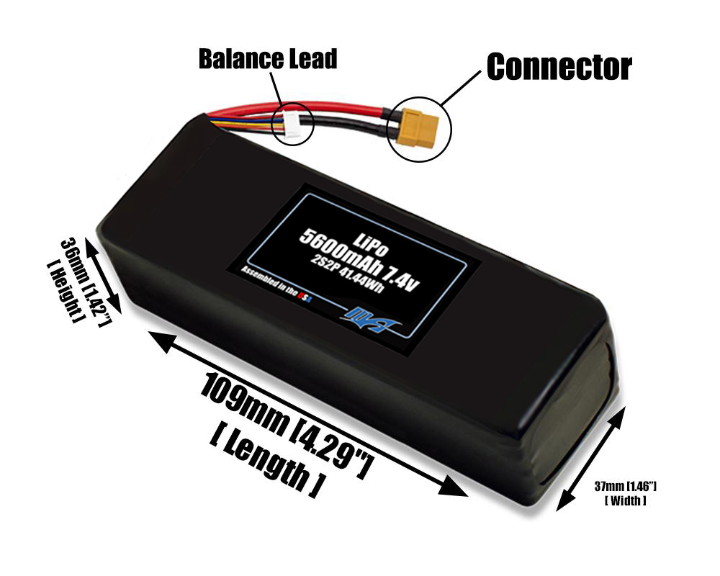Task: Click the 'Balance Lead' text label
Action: point(268,59)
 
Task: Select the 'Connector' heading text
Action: point(559,66)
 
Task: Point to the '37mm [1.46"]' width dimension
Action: point(625,487)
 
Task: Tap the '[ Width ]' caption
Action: point(625,500)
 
